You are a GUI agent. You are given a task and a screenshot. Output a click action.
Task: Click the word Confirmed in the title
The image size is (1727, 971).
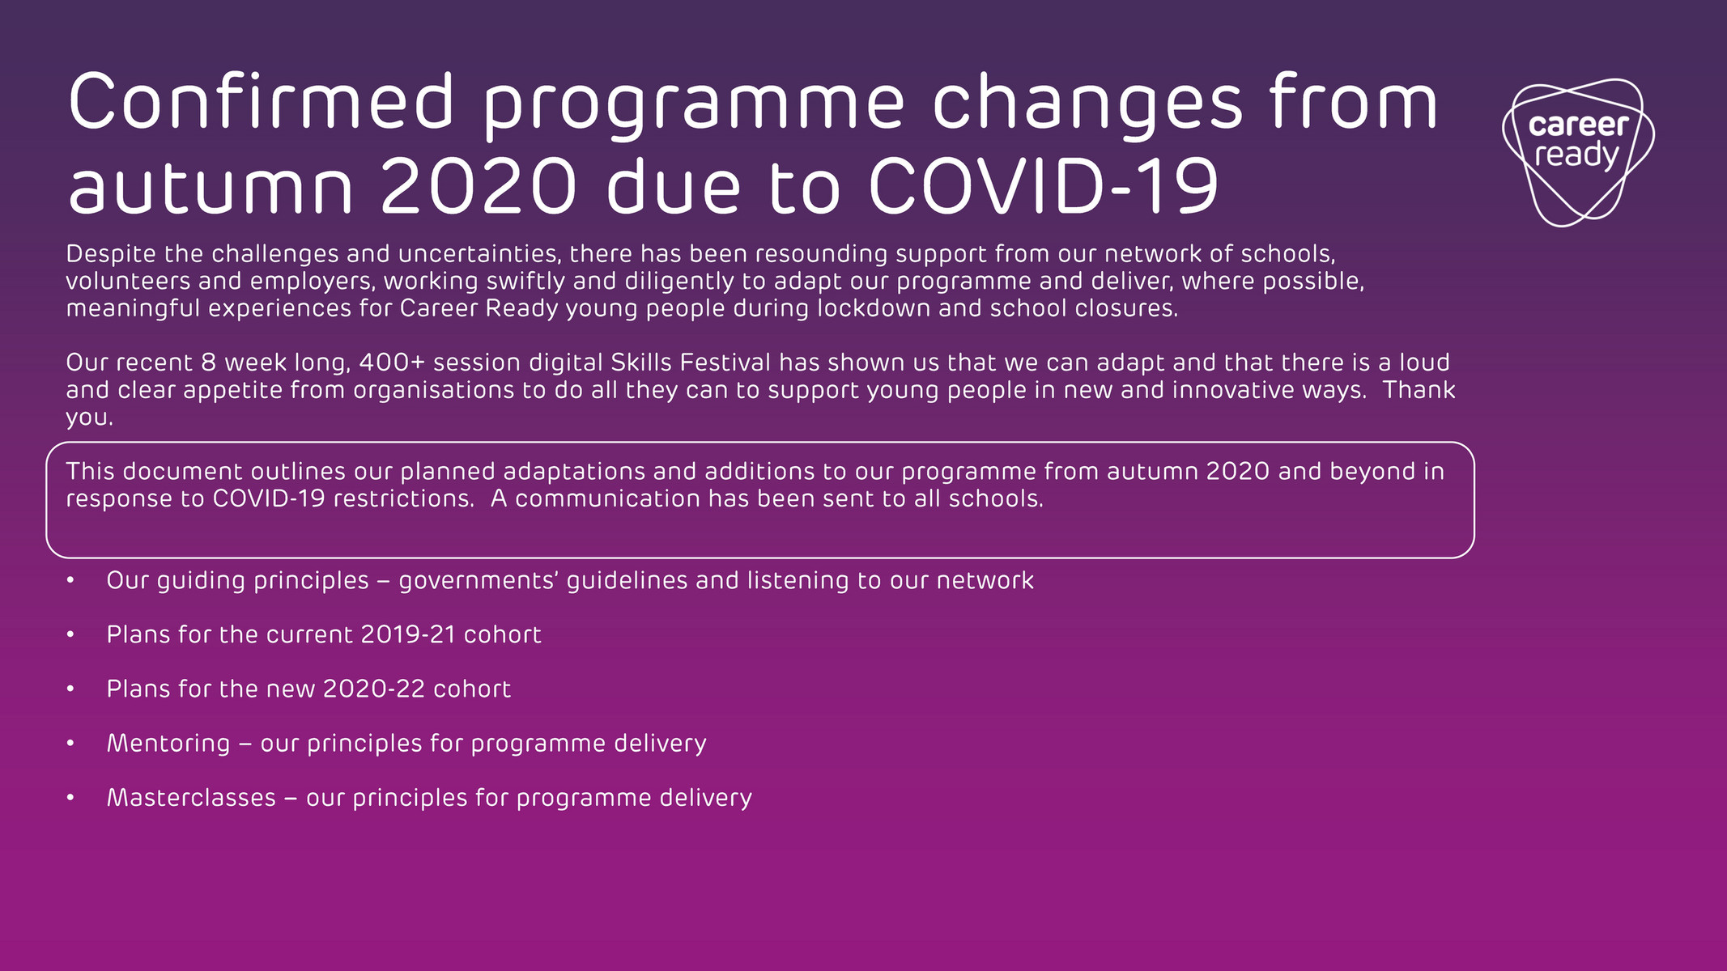(262, 102)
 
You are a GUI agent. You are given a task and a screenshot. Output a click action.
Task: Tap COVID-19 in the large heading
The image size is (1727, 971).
(1044, 187)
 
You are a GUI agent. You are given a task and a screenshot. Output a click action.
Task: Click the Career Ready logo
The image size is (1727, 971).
(1577, 151)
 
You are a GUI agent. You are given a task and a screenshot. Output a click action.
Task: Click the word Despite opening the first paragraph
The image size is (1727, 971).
(111, 254)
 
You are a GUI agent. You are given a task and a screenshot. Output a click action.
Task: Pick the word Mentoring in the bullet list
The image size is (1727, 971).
(168, 743)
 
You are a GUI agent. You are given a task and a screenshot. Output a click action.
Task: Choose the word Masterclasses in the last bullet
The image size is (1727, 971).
(191, 798)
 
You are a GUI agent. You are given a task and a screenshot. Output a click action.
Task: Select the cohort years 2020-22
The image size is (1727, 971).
(373, 689)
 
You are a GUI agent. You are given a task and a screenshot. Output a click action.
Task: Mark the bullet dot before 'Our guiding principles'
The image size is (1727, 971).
(71, 580)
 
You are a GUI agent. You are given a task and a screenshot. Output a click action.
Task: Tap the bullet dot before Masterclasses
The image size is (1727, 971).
(71, 798)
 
